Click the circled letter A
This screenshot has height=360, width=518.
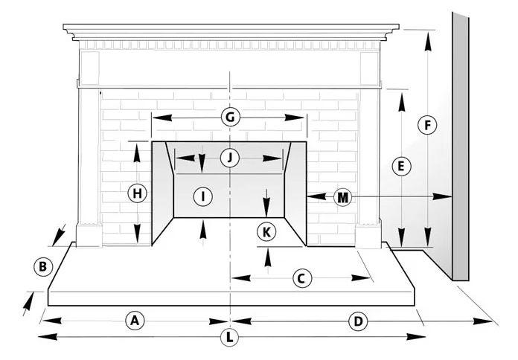(134, 321)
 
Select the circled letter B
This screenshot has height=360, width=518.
(43, 266)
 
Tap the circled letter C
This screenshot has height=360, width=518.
(301, 278)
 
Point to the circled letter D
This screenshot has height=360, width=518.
(358, 321)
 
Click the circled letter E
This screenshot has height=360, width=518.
(401, 167)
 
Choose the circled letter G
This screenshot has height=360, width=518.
(230, 118)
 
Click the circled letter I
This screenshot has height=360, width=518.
(202, 196)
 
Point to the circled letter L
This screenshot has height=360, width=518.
(231, 337)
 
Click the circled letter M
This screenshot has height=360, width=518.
(342, 197)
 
